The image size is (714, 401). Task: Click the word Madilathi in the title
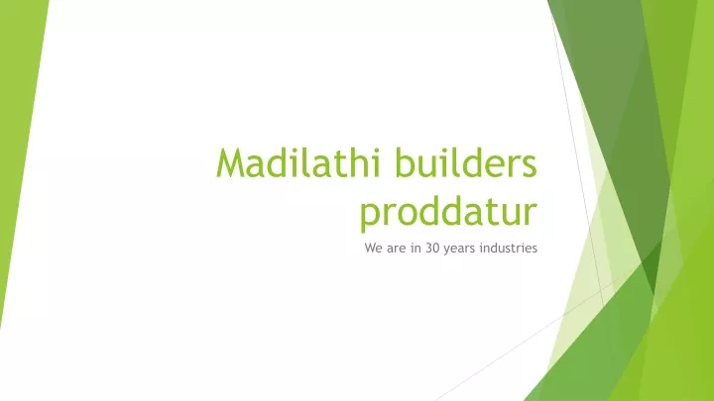coord(298,162)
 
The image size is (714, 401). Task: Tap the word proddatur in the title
coord(448,213)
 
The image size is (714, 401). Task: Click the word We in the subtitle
coord(374,249)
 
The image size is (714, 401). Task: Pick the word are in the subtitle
coord(396,250)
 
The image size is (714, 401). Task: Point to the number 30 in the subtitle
coord(432,249)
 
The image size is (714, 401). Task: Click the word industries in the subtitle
coord(509,249)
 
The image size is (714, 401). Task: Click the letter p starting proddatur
coord(369,217)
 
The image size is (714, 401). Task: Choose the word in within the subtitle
coord(416,249)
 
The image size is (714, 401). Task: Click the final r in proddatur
coord(531,214)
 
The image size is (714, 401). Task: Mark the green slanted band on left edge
coord(21,150)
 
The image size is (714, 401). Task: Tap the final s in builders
coord(530,166)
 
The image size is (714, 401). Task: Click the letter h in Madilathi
coord(353,162)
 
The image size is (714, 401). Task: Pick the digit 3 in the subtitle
coord(429,249)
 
